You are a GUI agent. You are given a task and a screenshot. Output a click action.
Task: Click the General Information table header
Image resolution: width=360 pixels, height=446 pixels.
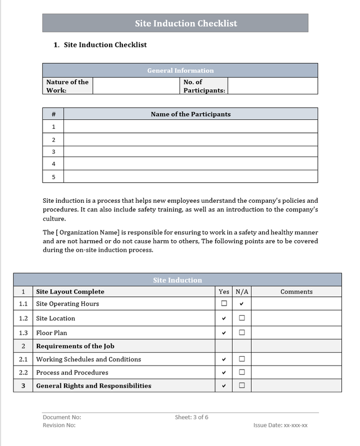pos(180,70)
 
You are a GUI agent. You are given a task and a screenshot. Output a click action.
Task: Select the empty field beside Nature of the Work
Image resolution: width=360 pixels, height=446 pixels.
pos(136,86)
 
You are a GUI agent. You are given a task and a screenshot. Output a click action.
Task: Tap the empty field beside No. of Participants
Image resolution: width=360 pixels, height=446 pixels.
pos(272,86)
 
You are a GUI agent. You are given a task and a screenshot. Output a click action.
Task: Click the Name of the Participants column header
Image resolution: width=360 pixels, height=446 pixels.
pos(190,114)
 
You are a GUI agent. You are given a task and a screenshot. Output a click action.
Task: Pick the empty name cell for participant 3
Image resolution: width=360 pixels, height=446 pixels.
pos(190,151)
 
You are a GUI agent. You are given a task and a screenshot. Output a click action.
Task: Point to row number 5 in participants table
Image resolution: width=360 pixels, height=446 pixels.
pos(53,177)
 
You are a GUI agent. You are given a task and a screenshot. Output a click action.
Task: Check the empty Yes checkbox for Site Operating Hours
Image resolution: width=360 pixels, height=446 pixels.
pos(224,303)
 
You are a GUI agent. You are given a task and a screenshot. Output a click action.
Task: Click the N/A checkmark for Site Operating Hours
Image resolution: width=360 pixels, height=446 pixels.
pos(241,304)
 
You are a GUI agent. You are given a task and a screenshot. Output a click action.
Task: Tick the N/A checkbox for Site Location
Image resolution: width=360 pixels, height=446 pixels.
pos(241,318)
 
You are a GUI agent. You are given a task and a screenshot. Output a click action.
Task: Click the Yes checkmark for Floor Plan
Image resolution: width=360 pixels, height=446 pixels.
pos(224,333)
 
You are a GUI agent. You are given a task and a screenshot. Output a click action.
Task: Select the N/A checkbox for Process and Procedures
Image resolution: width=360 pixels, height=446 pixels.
pos(241,372)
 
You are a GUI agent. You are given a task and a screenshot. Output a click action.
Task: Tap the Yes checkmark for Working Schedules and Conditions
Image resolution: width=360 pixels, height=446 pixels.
pos(224,359)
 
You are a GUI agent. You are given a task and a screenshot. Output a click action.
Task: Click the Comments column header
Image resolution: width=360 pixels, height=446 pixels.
pos(296,292)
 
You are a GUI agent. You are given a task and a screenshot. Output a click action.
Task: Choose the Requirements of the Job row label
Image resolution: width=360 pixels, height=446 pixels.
pos(75,346)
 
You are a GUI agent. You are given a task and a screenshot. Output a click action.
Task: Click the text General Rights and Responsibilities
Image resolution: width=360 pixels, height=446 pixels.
pos(93,386)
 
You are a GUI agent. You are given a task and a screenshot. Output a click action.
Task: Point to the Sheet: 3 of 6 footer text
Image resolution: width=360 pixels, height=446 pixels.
pos(191,417)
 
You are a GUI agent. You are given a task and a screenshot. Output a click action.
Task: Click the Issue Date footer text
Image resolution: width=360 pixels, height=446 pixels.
pos(280,425)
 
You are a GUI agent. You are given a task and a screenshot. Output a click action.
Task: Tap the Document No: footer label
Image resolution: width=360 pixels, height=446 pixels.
pos(62,417)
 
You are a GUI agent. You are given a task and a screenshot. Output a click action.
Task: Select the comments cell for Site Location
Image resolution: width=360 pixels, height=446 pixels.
pos(296,318)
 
